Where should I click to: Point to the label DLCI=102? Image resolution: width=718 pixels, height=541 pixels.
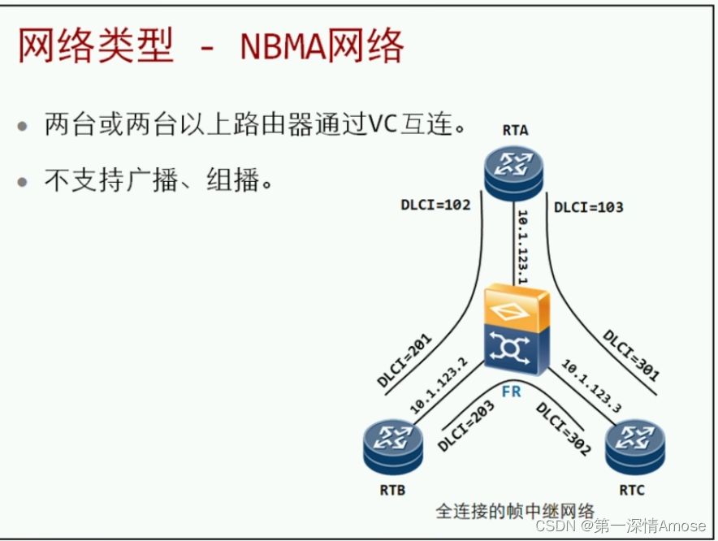click(435, 206)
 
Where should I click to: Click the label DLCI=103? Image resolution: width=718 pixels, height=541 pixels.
click(589, 207)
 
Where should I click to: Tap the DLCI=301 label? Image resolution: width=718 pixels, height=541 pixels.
click(631, 356)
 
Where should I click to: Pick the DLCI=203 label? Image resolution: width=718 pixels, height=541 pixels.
click(466, 427)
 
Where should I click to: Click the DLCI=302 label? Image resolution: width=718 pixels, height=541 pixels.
click(563, 429)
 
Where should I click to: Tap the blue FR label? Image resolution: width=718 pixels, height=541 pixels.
click(511, 391)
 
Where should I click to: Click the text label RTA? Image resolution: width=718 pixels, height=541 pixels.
click(515, 130)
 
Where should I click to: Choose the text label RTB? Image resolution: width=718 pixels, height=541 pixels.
click(392, 490)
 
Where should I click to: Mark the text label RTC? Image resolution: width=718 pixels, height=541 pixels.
click(633, 490)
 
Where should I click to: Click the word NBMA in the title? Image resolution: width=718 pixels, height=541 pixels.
click(283, 48)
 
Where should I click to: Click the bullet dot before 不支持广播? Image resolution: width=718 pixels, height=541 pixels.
click(23, 180)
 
